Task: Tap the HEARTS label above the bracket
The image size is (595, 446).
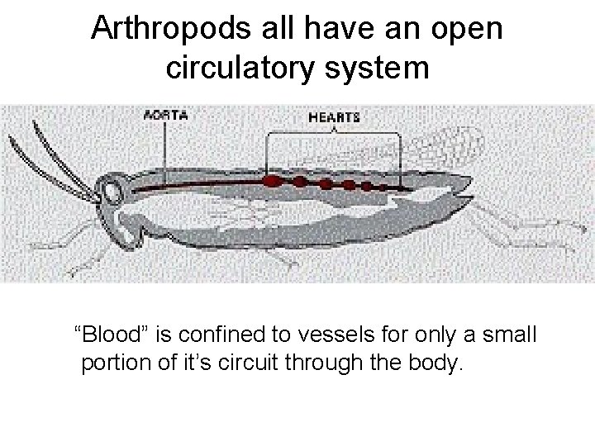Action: click(333, 117)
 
